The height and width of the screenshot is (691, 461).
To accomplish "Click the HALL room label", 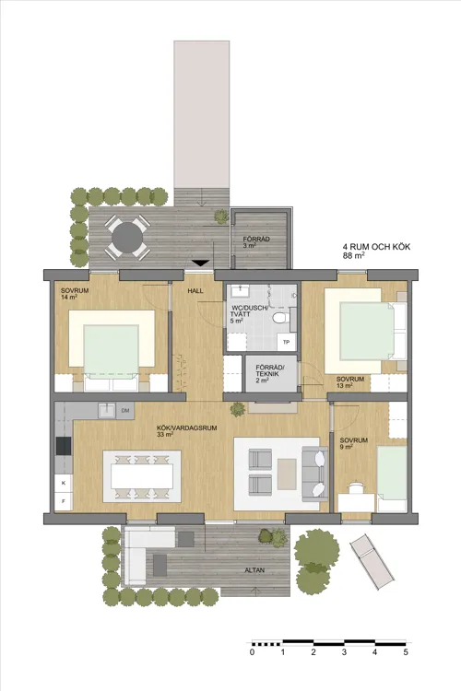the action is click(x=195, y=291).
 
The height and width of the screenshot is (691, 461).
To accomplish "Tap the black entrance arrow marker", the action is click(x=201, y=264).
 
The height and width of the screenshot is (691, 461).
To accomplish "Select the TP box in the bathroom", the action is click(x=287, y=342).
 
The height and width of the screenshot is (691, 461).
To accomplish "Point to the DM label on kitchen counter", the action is click(x=125, y=411).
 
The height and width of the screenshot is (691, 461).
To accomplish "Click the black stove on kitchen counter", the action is click(x=64, y=446).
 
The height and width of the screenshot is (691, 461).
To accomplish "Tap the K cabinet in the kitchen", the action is click(x=64, y=483).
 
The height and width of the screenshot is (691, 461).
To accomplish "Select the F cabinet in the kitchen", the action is click(x=64, y=501).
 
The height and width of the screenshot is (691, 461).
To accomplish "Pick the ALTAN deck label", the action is click(x=254, y=569).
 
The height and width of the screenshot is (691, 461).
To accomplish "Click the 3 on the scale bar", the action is click(x=344, y=652).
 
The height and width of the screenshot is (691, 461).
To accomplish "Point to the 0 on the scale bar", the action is click(x=252, y=652).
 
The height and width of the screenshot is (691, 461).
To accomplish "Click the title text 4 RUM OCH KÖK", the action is click(x=376, y=247).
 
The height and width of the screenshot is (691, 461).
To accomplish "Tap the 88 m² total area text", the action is click(x=353, y=255).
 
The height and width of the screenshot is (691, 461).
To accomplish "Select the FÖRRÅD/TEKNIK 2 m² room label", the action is click(x=271, y=374).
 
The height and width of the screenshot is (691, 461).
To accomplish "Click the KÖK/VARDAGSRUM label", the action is click(x=187, y=430).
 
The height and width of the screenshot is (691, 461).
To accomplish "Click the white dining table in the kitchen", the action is click(x=142, y=476).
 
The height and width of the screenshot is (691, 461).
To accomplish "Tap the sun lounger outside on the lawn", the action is click(x=372, y=562).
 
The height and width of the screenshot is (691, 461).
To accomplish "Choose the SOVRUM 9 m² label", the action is click(x=353, y=443).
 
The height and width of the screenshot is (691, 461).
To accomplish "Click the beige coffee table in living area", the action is click(x=287, y=474).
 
